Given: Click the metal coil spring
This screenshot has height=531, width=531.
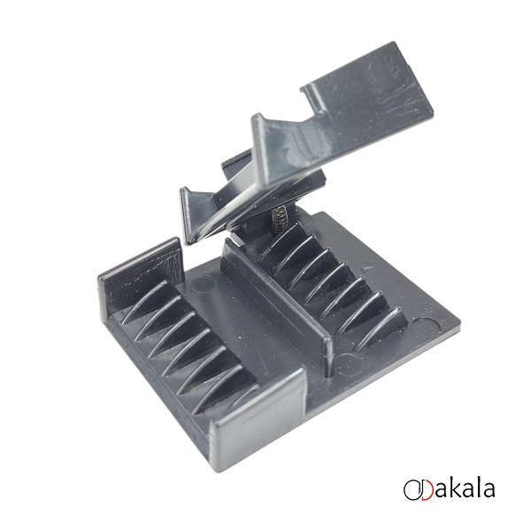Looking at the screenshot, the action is [x=279, y=219].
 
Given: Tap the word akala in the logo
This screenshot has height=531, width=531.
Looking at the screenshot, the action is [x=465, y=489].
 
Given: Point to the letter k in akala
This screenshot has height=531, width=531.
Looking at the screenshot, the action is [x=457, y=488].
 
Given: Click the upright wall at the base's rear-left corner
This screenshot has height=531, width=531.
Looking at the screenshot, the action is [x=141, y=274].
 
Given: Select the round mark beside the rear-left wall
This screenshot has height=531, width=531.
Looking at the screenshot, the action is [x=204, y=284].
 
